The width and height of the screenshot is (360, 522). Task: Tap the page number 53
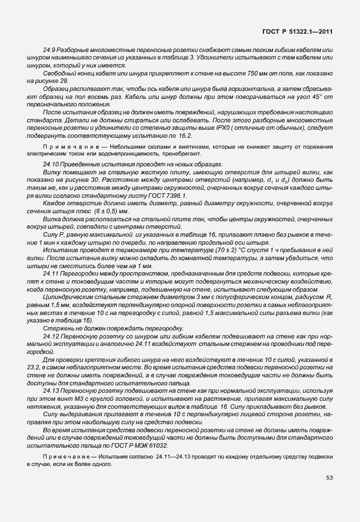click(x=329, y=477)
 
